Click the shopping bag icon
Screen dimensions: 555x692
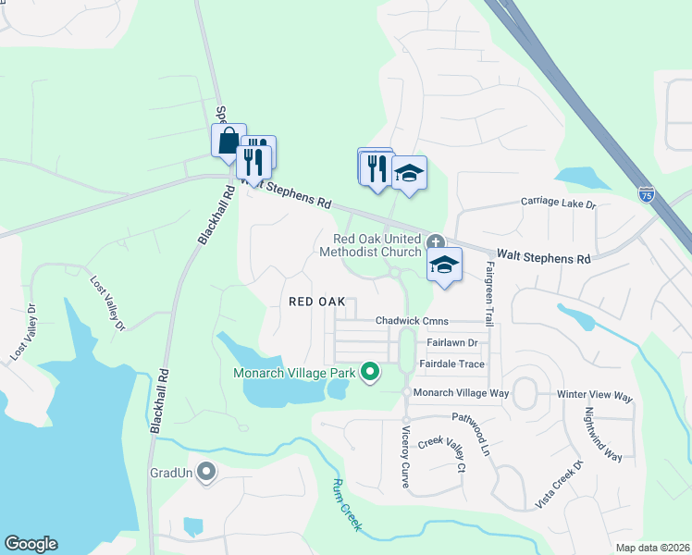(229, 141)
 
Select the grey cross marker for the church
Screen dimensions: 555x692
(434, 240)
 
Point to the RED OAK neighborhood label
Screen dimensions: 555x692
(316, 302)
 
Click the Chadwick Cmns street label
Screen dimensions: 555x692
(412, 321)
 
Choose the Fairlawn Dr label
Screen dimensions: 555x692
(451, 342)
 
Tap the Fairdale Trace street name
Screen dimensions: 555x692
(451, 364)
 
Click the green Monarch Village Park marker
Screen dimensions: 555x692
(370, 373)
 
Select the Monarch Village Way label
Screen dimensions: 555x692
(462, 393)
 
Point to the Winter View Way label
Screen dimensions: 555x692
(595, 396)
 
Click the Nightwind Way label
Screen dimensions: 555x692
(599, 434)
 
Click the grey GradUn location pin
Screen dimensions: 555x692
(206, 473)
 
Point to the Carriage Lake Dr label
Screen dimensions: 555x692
(558, 201)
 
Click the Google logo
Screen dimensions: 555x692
(31, 544)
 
